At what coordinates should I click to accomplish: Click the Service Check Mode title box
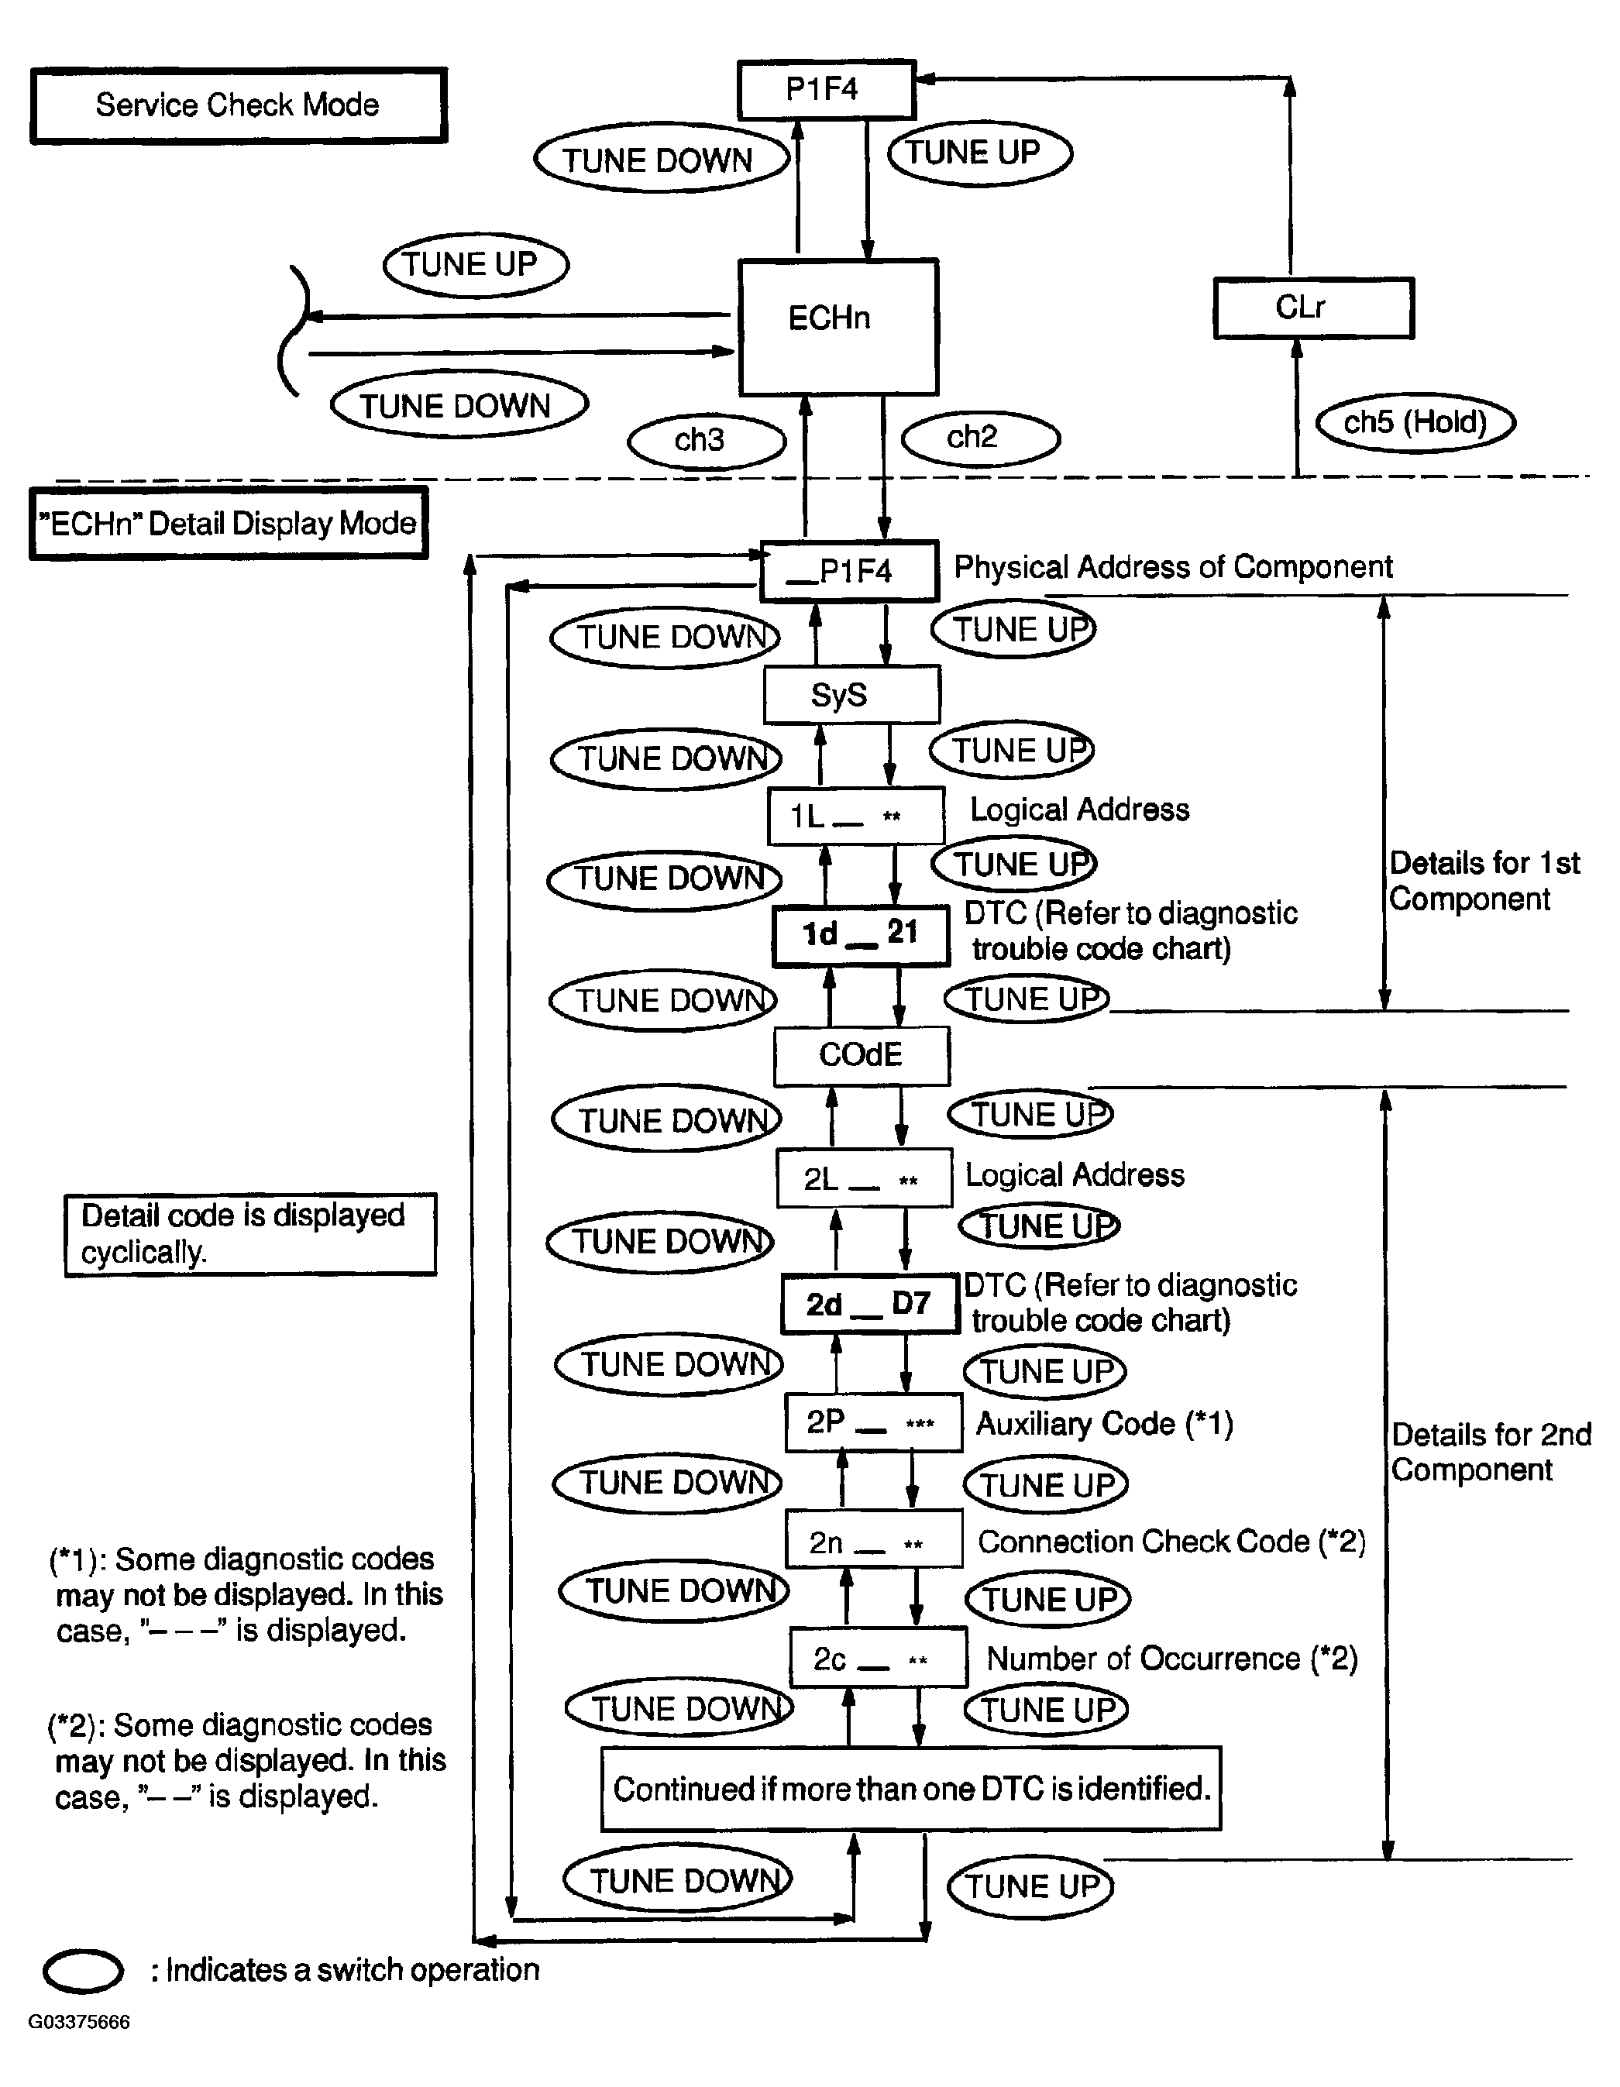[x=238, y=105]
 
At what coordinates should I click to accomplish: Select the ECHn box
[x=838, y=326]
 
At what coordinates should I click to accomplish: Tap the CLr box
[x=1312, y=308]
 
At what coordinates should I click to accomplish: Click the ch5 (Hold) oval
[x=1415, y=422]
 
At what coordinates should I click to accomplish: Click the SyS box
[x=851, y=695]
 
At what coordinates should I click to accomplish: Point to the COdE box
[x=861, y=1055]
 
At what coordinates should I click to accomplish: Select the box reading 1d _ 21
[x=860, y=934]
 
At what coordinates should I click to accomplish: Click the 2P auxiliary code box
[x=872, y=1423]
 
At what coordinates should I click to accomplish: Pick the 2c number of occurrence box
[x=876, y=1659]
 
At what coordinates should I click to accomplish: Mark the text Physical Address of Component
[x=1173, y=568]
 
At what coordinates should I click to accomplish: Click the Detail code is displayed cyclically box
[x=249, y=1233]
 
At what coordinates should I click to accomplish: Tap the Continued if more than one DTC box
[x=911, y=1789]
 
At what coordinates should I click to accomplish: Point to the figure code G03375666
[x=78, y=2022]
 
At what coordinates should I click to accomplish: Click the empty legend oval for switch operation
[x=83, y=1972]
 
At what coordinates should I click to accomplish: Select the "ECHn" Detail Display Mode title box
[x=229, y=524]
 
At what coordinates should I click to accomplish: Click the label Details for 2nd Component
[x=1489, y=1452]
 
